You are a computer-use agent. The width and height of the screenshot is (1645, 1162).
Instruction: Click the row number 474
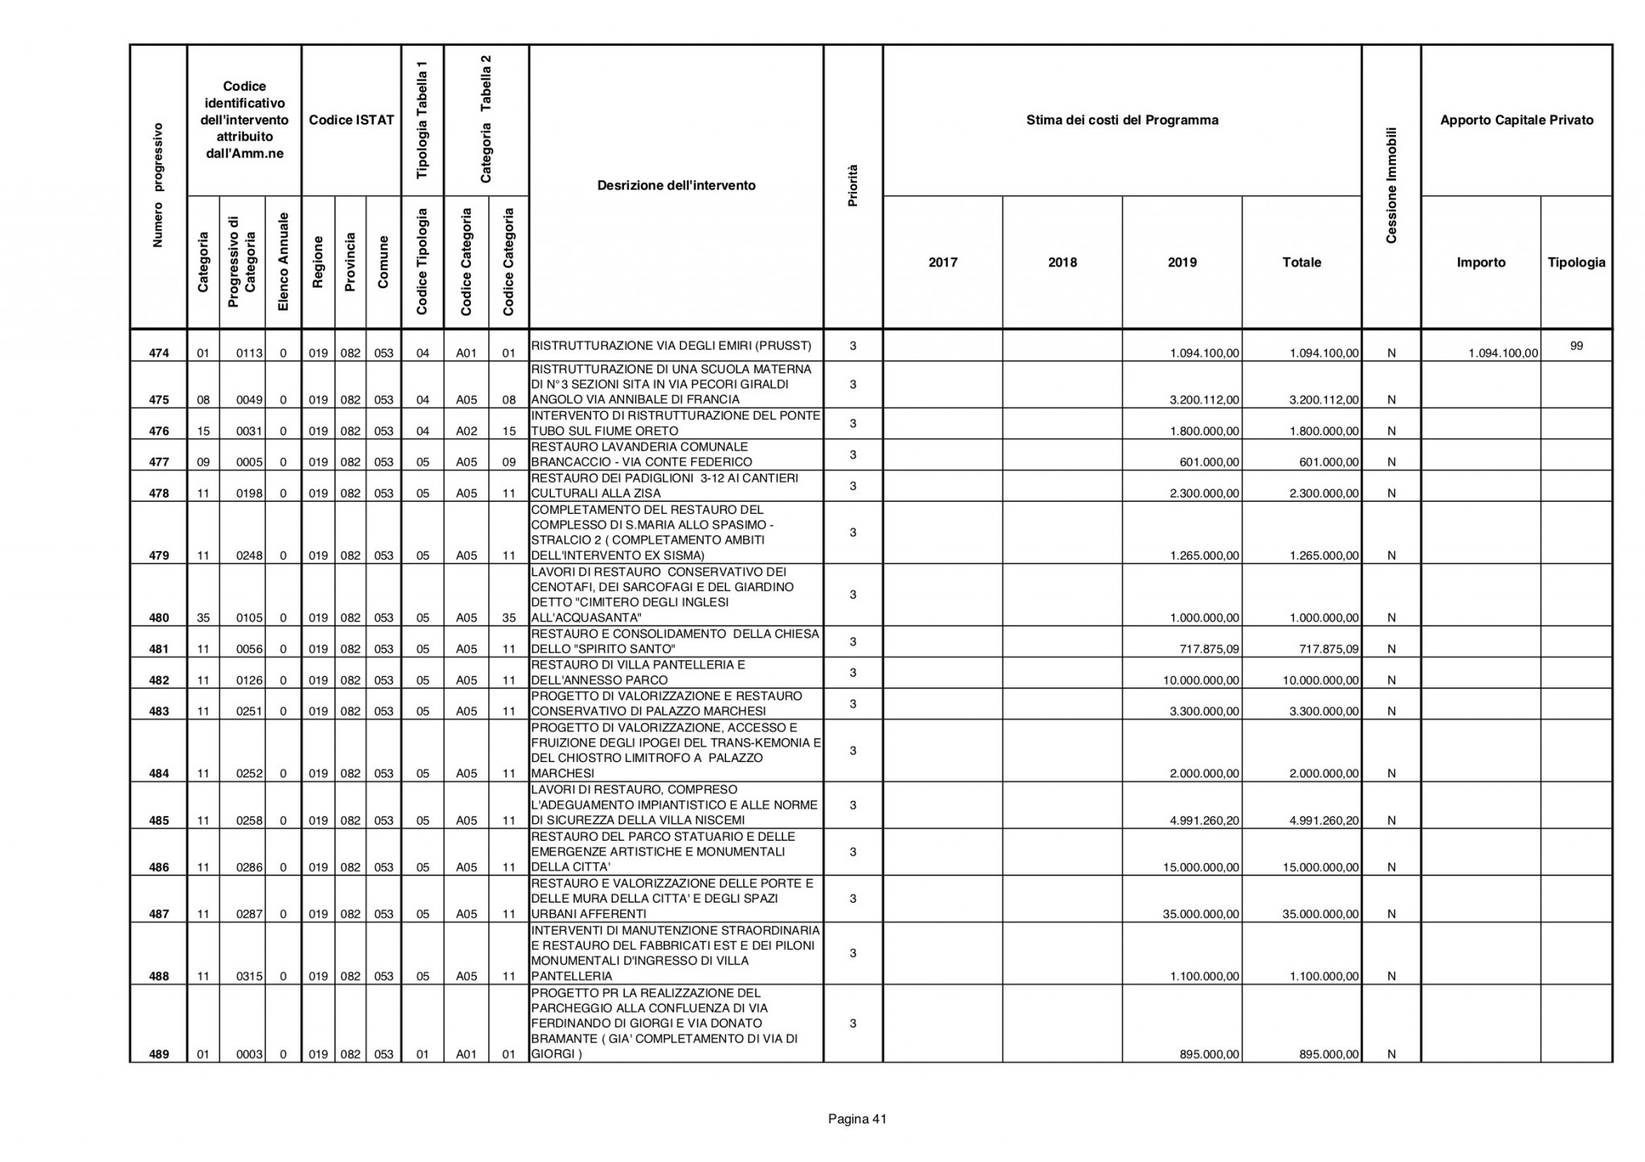[x=159, y=353]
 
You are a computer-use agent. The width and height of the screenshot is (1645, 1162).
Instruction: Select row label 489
[x=159, y=1054]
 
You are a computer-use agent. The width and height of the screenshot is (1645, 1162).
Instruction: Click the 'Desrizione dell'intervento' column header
[x=676, y=186]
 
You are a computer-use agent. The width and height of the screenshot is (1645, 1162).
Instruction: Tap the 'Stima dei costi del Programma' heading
[x=1122, y=120]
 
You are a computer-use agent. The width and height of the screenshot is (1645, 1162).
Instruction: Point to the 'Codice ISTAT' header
[x=351, y=120]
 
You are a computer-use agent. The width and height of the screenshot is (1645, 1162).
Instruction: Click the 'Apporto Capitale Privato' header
[x=1516, y=120]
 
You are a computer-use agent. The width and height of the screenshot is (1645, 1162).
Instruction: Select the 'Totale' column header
[x=1301, y=263]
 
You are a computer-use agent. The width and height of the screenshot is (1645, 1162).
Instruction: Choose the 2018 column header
[x=1062, y=263]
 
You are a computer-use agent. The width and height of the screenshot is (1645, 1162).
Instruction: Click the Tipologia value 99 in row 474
[x=1576, y=346]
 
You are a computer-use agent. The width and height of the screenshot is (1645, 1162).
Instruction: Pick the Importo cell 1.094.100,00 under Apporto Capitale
[x=1503, y=353]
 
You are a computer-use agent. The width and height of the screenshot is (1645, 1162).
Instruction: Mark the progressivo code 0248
[x=251, y=556]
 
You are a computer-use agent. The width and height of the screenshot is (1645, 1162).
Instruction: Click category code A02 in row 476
[x=467, y=431]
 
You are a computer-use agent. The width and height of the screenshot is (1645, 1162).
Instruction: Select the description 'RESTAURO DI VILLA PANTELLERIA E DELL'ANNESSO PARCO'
[x=639, y=673]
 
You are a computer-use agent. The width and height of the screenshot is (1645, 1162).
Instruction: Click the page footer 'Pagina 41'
[x=857, y=1119]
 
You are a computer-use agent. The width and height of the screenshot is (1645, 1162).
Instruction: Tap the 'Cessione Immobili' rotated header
[x=1391, y=186]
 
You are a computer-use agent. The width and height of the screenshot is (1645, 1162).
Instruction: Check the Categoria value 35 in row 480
[x=203, y=618]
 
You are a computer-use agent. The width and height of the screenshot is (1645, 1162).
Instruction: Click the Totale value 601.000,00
[x=1329, y=463]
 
